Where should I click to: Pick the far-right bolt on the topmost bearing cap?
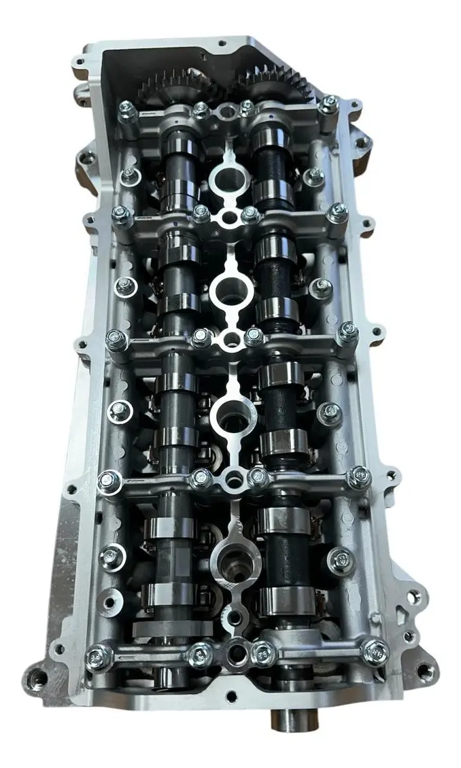click(329, 103)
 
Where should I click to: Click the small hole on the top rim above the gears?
click(222, 43)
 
